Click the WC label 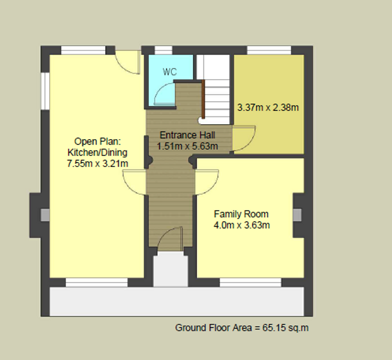coord(170,72)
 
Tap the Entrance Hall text coord(187,135)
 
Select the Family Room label coord(241,214)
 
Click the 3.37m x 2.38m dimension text coord(268,107)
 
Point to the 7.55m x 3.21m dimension coord(97,164)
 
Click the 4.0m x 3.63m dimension coord(242,225)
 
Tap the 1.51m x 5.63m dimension coord(187,146)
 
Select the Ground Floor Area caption coord(242,328)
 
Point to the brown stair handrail coord(204,100)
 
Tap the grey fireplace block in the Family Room coord(297,215)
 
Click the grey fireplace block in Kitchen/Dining coord(45,215)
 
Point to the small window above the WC coord(163,50)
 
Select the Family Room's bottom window coord(250,283)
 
